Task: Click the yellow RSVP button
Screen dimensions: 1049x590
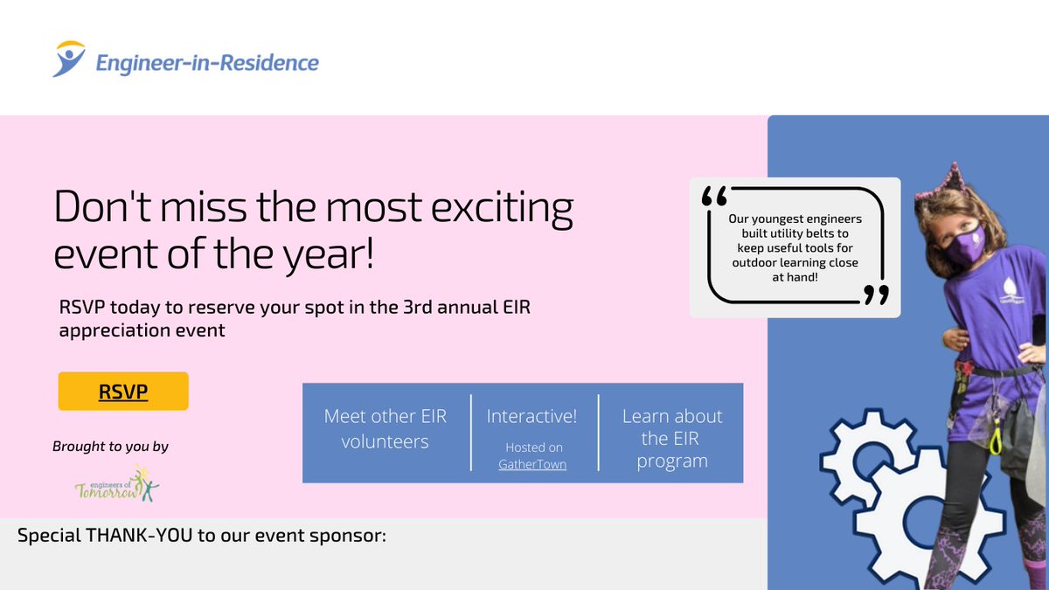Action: tap(123, 391)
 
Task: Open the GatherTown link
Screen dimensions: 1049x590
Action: tap(532, 464)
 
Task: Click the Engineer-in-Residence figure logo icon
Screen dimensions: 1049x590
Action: tap(69, 59)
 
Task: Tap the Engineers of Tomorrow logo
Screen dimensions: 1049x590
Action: tap(117, 483)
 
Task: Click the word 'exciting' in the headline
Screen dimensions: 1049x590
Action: tap(502, 208)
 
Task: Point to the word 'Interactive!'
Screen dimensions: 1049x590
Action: tap(532, 416)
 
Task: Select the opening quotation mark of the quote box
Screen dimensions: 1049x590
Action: tap(715, 196)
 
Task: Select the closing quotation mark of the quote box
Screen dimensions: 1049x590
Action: tap(876, 295)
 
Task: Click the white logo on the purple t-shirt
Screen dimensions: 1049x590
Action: tap(1010, 291)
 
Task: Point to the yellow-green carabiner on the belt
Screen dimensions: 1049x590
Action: tap(996, 438)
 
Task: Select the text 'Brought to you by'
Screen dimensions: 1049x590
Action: tap(110, 447)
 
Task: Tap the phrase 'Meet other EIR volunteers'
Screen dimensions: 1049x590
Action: tap(386, 428)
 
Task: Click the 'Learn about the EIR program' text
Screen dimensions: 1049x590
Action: tap(672, 438)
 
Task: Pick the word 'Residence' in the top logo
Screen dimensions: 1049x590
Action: tap(269, 63)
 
